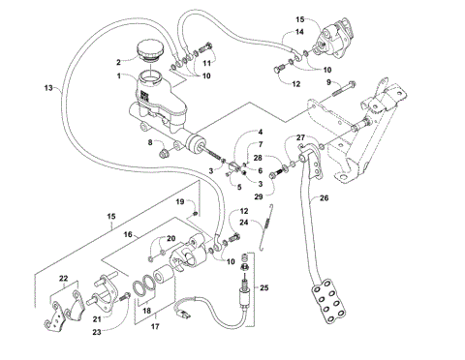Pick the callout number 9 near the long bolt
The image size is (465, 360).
point(329,85)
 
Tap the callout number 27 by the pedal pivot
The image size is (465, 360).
point(300,137)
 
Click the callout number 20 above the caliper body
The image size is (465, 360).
point(171,240)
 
